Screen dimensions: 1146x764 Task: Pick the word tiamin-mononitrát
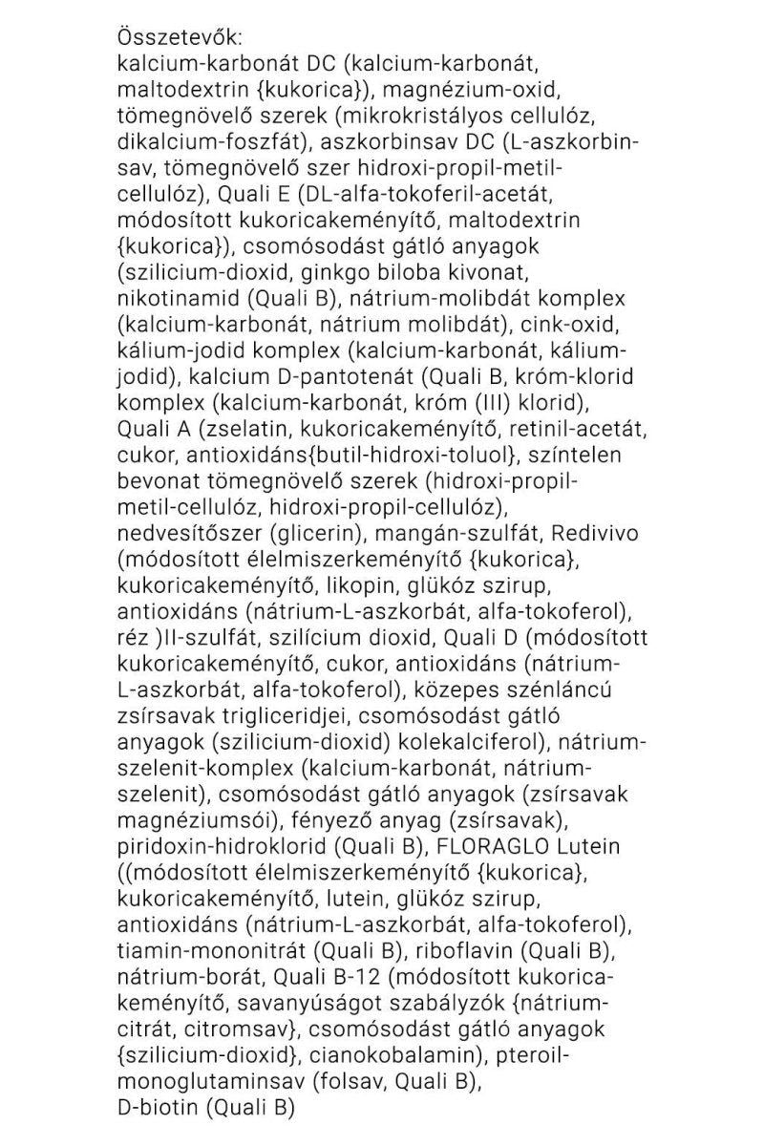pyautogui.click(x=200, y=948)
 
